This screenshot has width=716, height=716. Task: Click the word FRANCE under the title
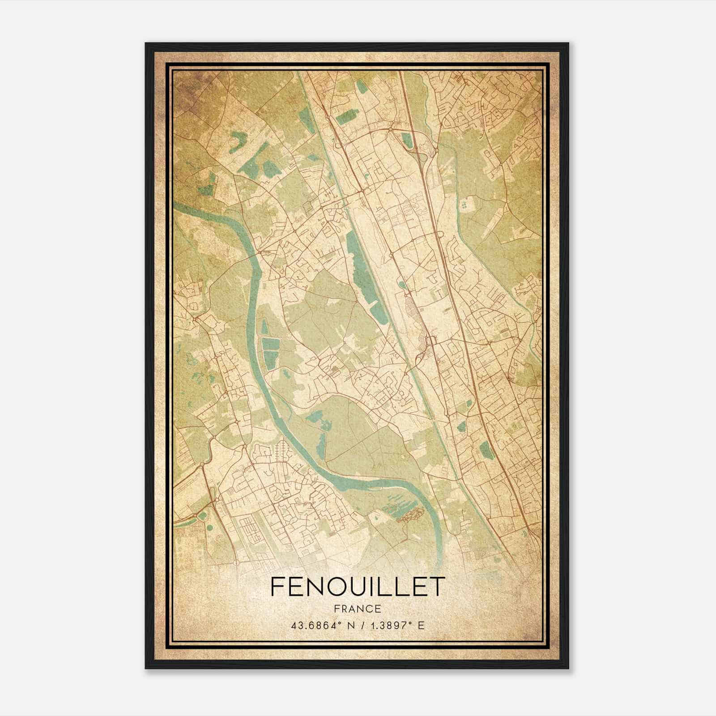pos(358,609)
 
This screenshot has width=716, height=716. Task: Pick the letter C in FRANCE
pos(368,609)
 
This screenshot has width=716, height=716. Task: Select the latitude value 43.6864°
pos(316,625)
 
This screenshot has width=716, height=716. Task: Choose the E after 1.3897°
pos(420,625)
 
